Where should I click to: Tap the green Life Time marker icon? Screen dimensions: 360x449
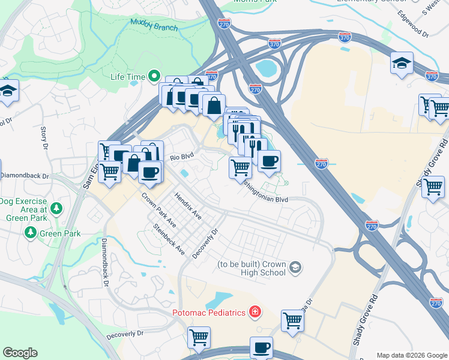coord(154,76)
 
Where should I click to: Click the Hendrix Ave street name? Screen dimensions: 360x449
coord(188,205)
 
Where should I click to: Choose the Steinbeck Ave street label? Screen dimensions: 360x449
coord(169,239)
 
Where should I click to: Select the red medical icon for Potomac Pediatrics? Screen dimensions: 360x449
coord(255,312)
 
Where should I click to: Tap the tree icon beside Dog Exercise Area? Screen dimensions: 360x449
coord(56,209)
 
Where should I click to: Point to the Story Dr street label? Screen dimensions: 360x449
coord(44,137)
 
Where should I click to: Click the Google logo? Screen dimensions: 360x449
coord(20,352)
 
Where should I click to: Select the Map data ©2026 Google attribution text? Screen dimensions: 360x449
coord(411,355)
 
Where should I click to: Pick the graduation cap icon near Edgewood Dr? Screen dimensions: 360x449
coord(402,62)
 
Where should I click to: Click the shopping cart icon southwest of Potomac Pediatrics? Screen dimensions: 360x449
coord(199,337)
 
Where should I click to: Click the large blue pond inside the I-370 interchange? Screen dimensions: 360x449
coord(265,68)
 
